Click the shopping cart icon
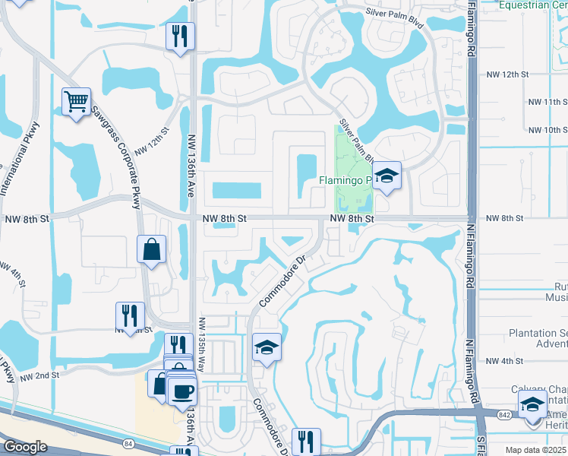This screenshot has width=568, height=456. [76, 101]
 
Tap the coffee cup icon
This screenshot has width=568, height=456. [181, 391]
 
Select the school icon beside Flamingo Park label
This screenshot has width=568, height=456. [387, 176]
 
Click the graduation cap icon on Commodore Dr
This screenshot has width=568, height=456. [267, 347]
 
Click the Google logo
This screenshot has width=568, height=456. [25, 447]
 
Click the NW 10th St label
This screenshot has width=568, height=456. [547, 130]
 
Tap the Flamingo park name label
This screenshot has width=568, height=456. [343, 180]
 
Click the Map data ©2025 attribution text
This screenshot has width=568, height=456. [535, 450]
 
